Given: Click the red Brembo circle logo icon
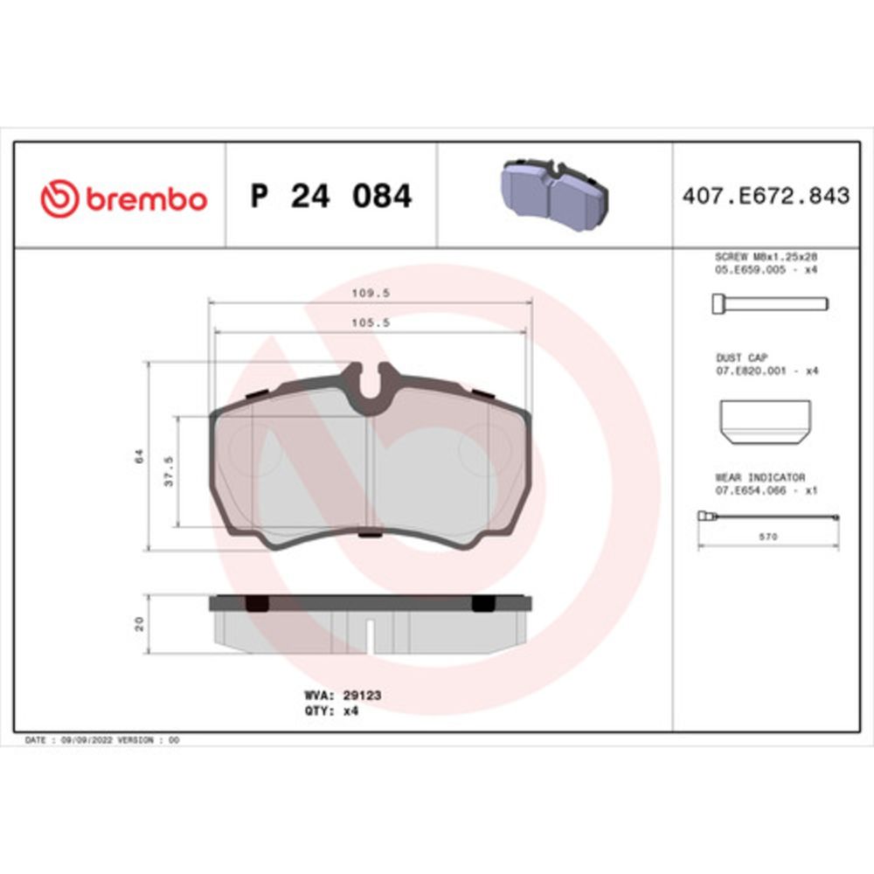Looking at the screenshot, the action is pos(59,198).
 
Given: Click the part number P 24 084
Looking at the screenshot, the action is pos(331,196).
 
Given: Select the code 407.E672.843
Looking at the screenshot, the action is pos(766,196).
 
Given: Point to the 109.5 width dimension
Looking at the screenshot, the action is pos(371,293).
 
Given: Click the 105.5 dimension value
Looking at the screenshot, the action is pos(371,323).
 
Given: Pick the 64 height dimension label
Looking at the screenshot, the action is pos(139,456).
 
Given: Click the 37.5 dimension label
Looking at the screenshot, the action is pos(169,471).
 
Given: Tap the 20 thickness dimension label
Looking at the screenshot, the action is pos(139,623).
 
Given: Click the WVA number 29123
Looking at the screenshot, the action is pos(363,695).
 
